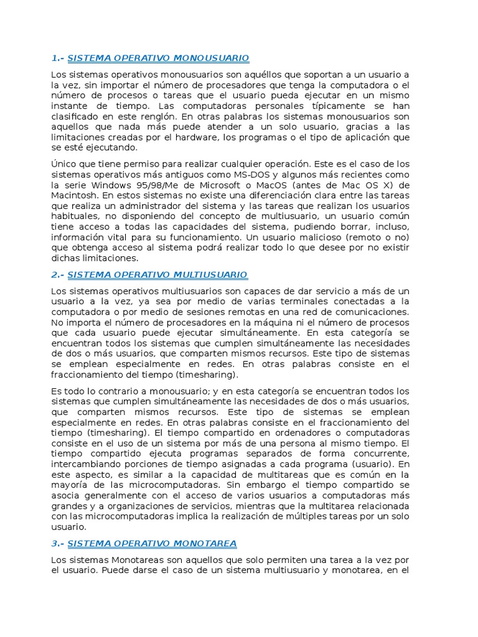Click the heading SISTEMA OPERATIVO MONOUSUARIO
(x=158, y=58)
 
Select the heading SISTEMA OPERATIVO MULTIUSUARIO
(x=157, y=274)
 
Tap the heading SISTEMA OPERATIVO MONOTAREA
(x=152, y=544)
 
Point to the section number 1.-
(x=58, y=58)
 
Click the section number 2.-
(x=58, y=274)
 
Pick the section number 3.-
(x=58, y=544)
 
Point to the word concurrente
(x=380, y=454)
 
